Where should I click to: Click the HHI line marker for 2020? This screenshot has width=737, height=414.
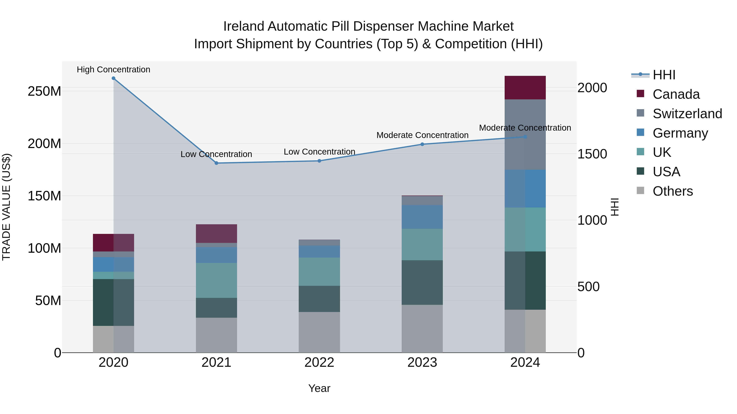(x=114, y=78)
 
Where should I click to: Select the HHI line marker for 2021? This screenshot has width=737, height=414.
(x=216, y=163)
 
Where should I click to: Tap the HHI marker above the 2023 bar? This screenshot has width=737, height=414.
(x=422, y=144)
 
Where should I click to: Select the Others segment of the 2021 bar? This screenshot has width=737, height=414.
(x=216, y=335)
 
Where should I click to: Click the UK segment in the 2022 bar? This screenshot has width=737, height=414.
(x=319, y=272)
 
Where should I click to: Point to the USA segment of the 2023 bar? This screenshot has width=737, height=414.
(x=422, y=283)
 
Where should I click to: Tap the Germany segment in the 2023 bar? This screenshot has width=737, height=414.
(x=422, y=217)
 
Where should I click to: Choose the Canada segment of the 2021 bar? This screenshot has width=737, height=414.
(x=216, y=234)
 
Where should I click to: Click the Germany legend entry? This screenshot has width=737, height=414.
(x=680, y=133)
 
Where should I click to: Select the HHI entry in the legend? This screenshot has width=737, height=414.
(x=664, y=75)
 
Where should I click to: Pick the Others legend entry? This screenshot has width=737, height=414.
(x=672, y=191)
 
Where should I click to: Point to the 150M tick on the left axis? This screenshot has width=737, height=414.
(x=44, y=196)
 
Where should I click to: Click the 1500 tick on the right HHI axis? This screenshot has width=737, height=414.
(x=592, y=154)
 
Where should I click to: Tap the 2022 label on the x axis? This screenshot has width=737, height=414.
(x=319, y=362)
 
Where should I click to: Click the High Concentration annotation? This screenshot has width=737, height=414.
(x=114, y=70)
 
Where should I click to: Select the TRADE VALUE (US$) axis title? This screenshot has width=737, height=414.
(x=7, y=207)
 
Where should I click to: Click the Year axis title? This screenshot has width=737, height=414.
(x=319, y=388)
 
